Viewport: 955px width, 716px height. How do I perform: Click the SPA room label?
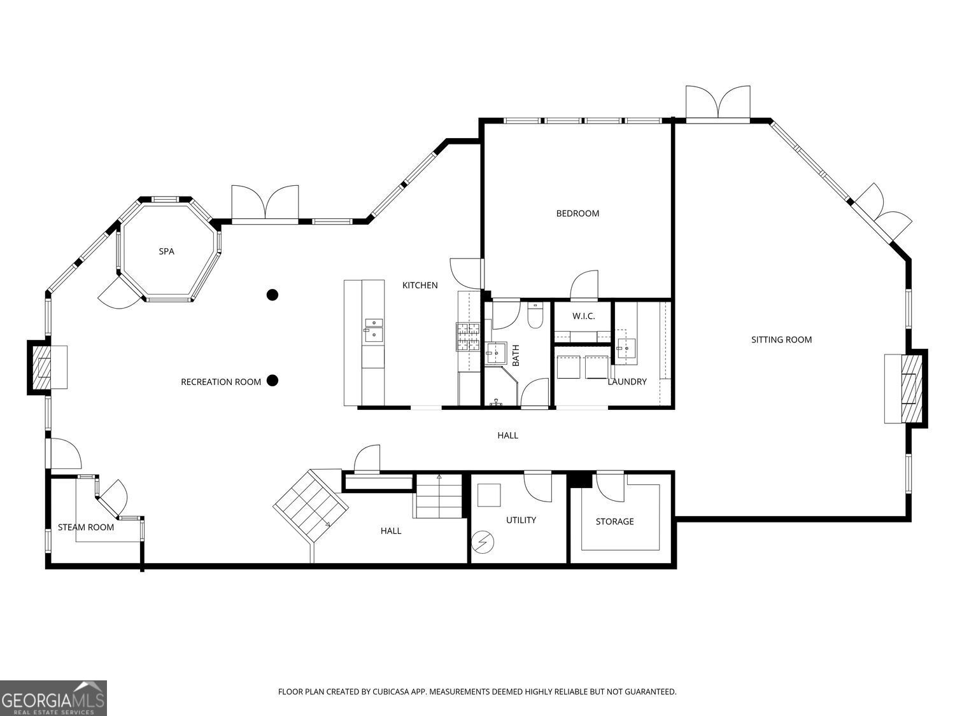[166, 251]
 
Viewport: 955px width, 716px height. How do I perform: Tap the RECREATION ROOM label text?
[221, 382]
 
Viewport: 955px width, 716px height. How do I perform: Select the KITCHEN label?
[420, 285]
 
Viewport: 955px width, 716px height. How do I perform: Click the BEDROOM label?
[577, 213]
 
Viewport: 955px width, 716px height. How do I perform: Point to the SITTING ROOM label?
[781, 340]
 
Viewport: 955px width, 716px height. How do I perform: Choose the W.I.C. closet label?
[583, 316]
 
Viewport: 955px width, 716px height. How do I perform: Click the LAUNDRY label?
[626, 382]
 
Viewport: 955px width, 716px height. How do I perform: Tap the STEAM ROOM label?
[86, 527]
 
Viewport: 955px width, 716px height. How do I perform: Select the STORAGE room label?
[614, 521]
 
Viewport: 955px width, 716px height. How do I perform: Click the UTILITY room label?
[521, 520]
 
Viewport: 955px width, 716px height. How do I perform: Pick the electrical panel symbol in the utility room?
[482, 542]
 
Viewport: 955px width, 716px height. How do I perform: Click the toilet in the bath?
[535, 315]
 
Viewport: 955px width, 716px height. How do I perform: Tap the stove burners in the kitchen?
[468, 337]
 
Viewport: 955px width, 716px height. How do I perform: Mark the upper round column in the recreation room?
[272, 295]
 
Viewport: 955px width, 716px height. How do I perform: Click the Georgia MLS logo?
[53, 698]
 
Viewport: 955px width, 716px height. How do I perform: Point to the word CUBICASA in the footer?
[388, 692]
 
